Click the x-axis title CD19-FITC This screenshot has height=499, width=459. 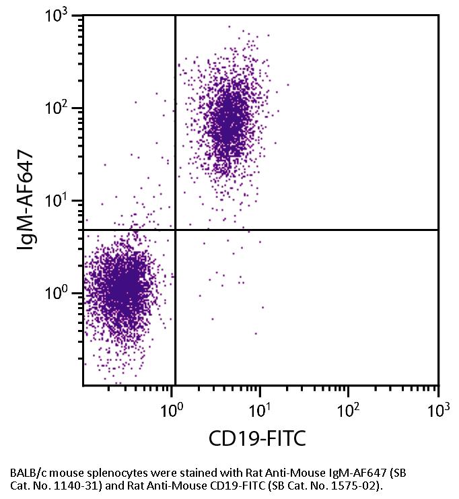(x=258, y=439)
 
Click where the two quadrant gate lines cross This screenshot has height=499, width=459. (x=175, y=230)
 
